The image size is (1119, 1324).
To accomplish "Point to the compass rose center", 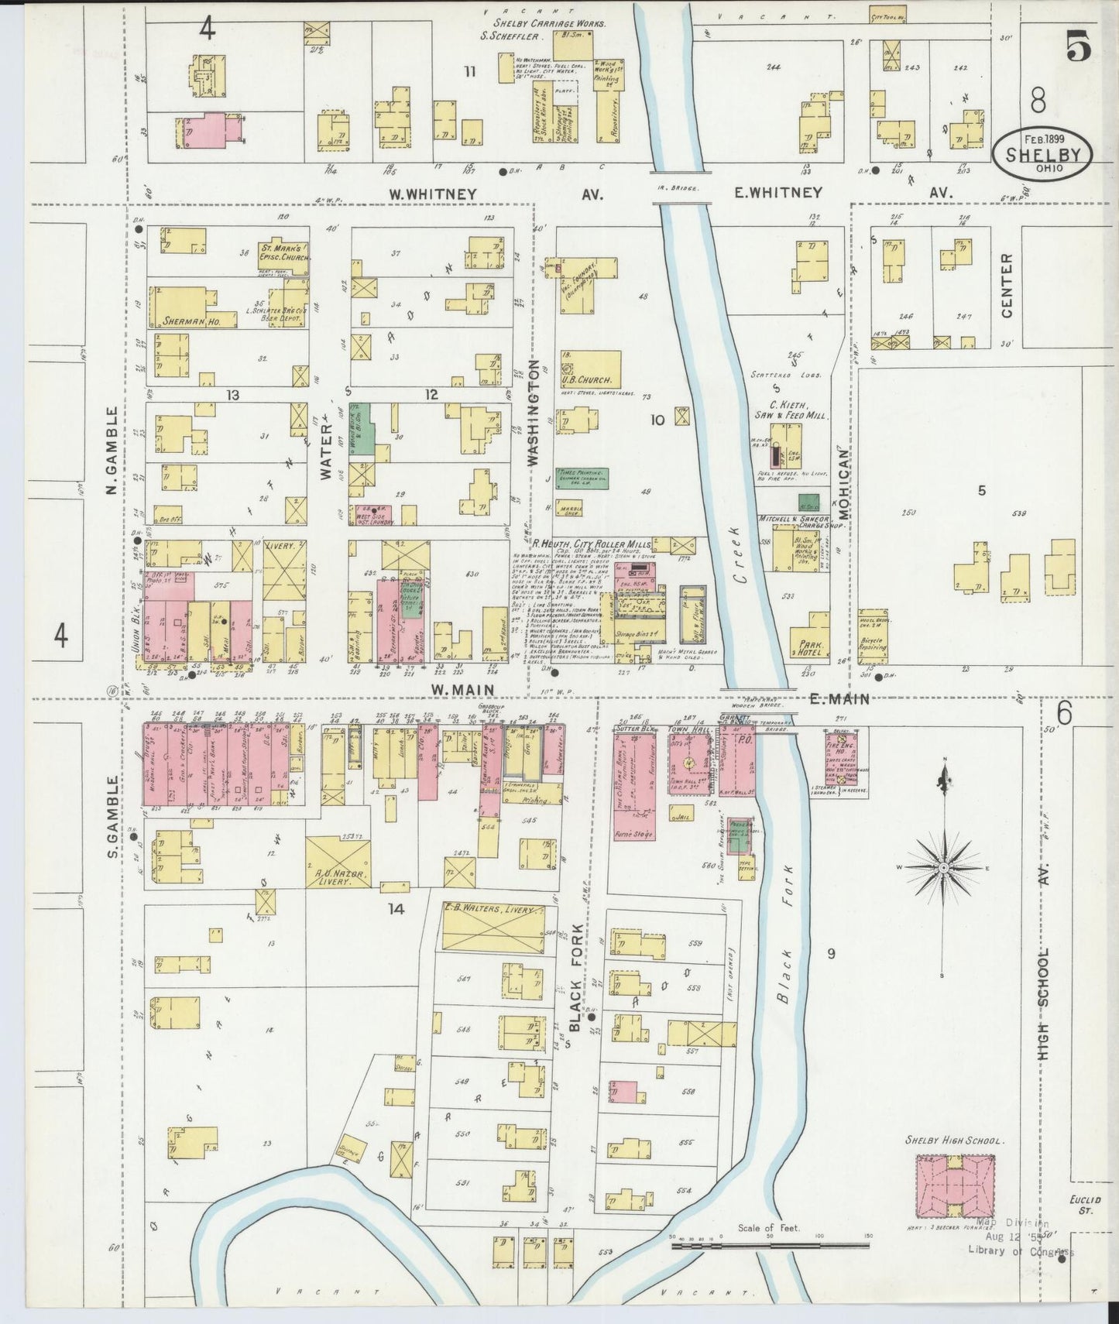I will coord(943,869).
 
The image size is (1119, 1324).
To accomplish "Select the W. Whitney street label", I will coord(433,194).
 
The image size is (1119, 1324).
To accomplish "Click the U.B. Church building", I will coord(592,370).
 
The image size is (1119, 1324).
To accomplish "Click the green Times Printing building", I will coord(581,478).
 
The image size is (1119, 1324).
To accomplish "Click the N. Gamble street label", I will coord(113,452).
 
